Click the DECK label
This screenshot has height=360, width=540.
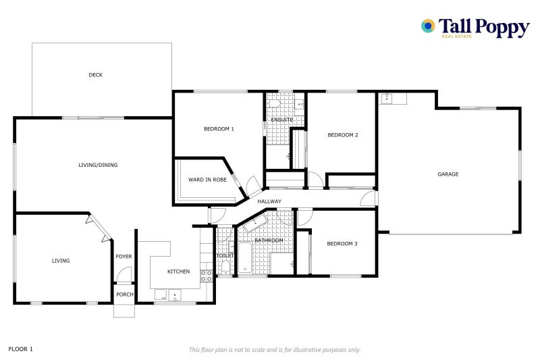click(x=96, y=75)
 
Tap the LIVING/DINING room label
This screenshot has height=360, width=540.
click(x=94, y=165)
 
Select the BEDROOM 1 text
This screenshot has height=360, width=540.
click(x=219, y=128)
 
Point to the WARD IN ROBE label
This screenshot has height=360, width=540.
click(x=207, y=180)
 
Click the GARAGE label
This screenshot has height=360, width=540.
click(x=448, y=174)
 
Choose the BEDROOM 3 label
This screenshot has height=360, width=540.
click(x=342, y=243)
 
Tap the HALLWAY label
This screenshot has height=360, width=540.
click(x=269, y=201)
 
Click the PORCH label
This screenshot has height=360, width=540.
click(x=124, y=294)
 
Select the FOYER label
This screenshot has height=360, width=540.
click(x=124, y=257)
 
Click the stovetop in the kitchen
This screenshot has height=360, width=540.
click(x=207, y=275)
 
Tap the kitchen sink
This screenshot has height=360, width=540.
click(x=175, y=294)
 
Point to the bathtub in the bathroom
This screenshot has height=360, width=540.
click(x=244, y=259)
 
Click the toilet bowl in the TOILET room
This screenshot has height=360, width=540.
click(x=224, y=265)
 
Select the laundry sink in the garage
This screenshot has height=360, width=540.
click(x=387, y=99)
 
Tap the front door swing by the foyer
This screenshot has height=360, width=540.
click(x=122, y=276)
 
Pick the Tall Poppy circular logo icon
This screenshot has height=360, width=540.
click(x=428, y=26)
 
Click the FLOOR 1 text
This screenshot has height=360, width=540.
click(x=20, y=349)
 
